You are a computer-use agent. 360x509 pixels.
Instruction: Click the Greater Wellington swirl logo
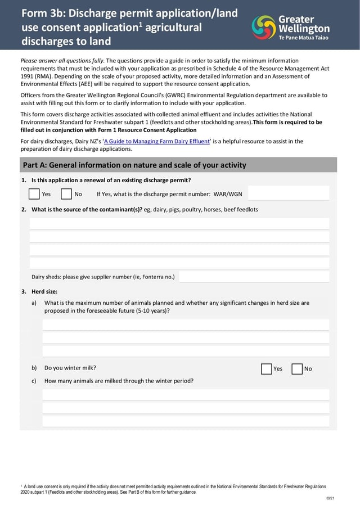[264, 27]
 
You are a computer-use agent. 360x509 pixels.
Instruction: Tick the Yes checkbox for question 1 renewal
[34, 194]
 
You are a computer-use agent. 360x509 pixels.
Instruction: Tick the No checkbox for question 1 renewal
[66, 194]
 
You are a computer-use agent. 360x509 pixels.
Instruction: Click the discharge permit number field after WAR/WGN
[288, 193]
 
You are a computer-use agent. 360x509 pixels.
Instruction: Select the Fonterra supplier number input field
[254, 276]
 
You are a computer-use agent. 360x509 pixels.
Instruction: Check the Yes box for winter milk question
[267, 369]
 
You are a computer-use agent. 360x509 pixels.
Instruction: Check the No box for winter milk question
[297, 369]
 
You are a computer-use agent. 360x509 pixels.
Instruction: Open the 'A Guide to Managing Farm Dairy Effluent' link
[156, 141]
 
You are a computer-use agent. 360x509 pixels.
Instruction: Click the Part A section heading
[134, 165]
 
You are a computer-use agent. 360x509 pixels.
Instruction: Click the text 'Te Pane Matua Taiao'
[304, 37]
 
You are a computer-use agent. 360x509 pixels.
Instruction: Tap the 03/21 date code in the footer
[330, 499]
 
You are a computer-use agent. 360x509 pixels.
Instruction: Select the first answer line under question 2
[179, 223]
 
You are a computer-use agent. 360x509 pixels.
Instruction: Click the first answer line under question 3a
[186, 325]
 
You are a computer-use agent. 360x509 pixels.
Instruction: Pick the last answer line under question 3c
[186, 421]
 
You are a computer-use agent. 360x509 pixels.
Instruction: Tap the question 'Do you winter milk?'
[70, 368]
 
